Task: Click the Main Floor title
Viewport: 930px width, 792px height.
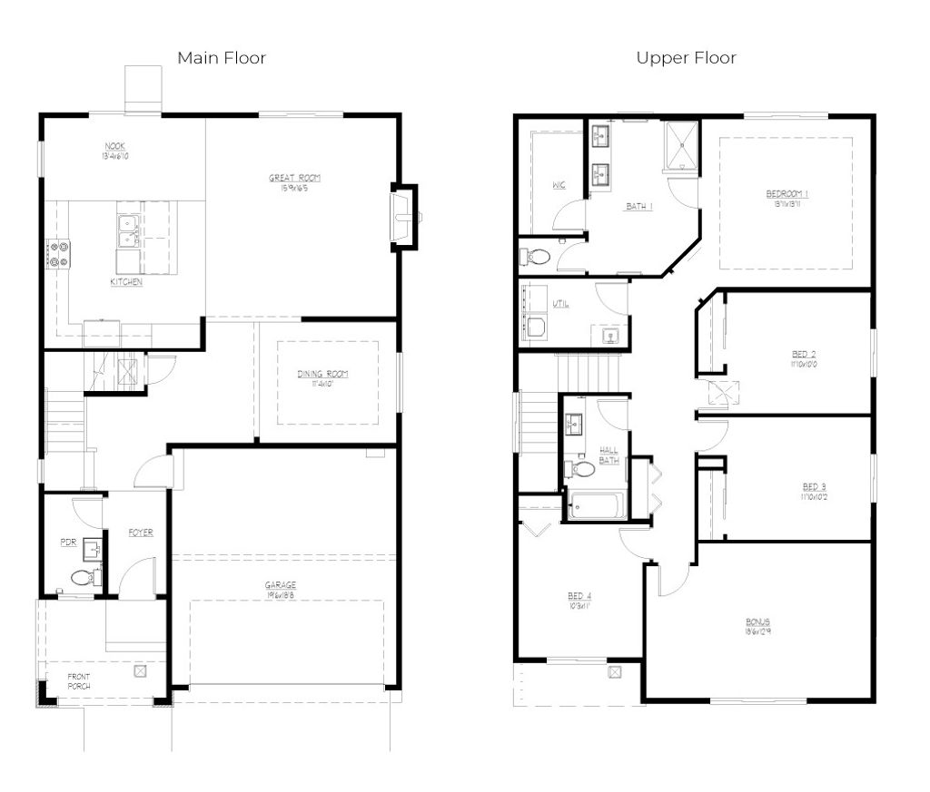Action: pyautogui.click(x=222, y=58)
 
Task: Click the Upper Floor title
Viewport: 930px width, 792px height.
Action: pyautogui.click(x=686, y=58)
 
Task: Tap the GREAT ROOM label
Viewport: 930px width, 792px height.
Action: pyautogui.click(x=295, y=178)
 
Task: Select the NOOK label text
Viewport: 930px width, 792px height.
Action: pyautogui.click(x=114, y=146)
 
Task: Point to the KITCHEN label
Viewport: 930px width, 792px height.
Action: pyautogui.click(x=126, y=282)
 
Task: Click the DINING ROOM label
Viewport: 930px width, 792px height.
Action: pyautogui.click(x=322, y=374)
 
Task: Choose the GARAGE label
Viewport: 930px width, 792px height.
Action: pyautogui.click(x=281, y=586)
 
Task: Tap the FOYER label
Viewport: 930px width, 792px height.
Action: pyautogui.click(x=140, y=533)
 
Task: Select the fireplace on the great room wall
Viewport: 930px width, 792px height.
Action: pyautogui.click(x=402, y=218)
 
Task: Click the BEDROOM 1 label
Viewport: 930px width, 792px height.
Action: pyautogui.click(x=787, y=194)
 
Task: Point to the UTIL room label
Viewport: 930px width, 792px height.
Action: pyautogui.click(x=561, y=304)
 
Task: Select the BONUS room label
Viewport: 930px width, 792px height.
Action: pyautogui.click(x=757, y=621)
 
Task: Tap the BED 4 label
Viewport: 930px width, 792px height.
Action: pyautogui.click(x=579, y=596)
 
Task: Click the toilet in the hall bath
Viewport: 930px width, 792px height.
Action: pyautogui.click(x=580, y=469)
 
